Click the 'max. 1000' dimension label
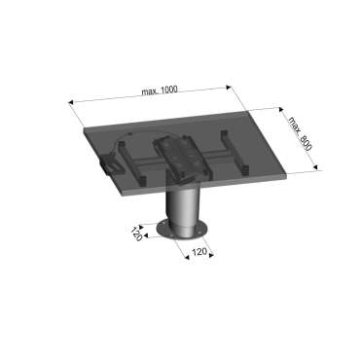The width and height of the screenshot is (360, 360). pyautogui.click(x=158, y=90)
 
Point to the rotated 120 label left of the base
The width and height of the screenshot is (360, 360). pyautogui.click(x=136, y=234)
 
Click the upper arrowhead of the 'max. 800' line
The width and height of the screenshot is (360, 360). pyautogui.click(x=281, y=108)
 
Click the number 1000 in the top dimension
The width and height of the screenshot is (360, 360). pyautogui.click(x=168, y=89)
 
